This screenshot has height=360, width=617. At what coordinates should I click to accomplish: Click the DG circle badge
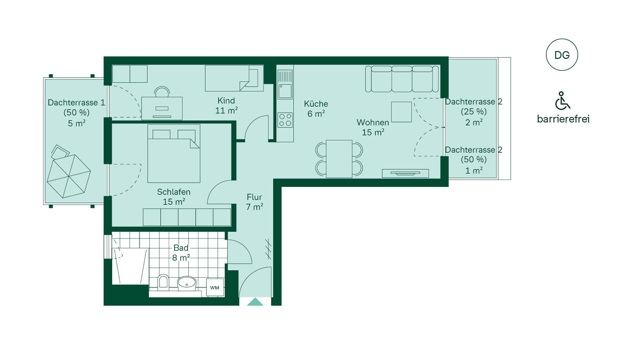tap(562, 55)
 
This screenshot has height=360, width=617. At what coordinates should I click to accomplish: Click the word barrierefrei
tap(563, 119)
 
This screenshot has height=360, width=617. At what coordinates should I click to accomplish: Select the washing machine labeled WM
tap(215, 287)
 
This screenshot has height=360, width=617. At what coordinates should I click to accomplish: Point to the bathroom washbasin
tap(187, 283)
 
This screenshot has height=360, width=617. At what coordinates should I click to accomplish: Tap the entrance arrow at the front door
tap(255, 301)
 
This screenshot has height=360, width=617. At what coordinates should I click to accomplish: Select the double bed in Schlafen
tap(174, 154)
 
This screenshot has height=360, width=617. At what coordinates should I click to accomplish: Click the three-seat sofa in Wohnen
tap(402, 79)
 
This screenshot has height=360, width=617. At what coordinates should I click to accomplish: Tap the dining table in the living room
tap(339, 159)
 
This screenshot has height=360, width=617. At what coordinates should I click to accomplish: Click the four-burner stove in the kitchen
tap(285, 120)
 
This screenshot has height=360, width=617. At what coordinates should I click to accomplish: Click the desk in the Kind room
tap(162, 108)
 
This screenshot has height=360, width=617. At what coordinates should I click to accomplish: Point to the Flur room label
tap(255, 202)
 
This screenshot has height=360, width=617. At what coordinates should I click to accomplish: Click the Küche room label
tap(316, 109)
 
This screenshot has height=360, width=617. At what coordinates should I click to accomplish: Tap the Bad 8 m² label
tap(181, 253)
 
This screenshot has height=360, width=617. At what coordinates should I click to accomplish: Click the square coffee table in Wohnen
tap(401, 112)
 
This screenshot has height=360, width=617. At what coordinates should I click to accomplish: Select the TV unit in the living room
tap(405, 173)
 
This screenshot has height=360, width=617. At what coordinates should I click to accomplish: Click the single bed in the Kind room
tap(234, 78)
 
